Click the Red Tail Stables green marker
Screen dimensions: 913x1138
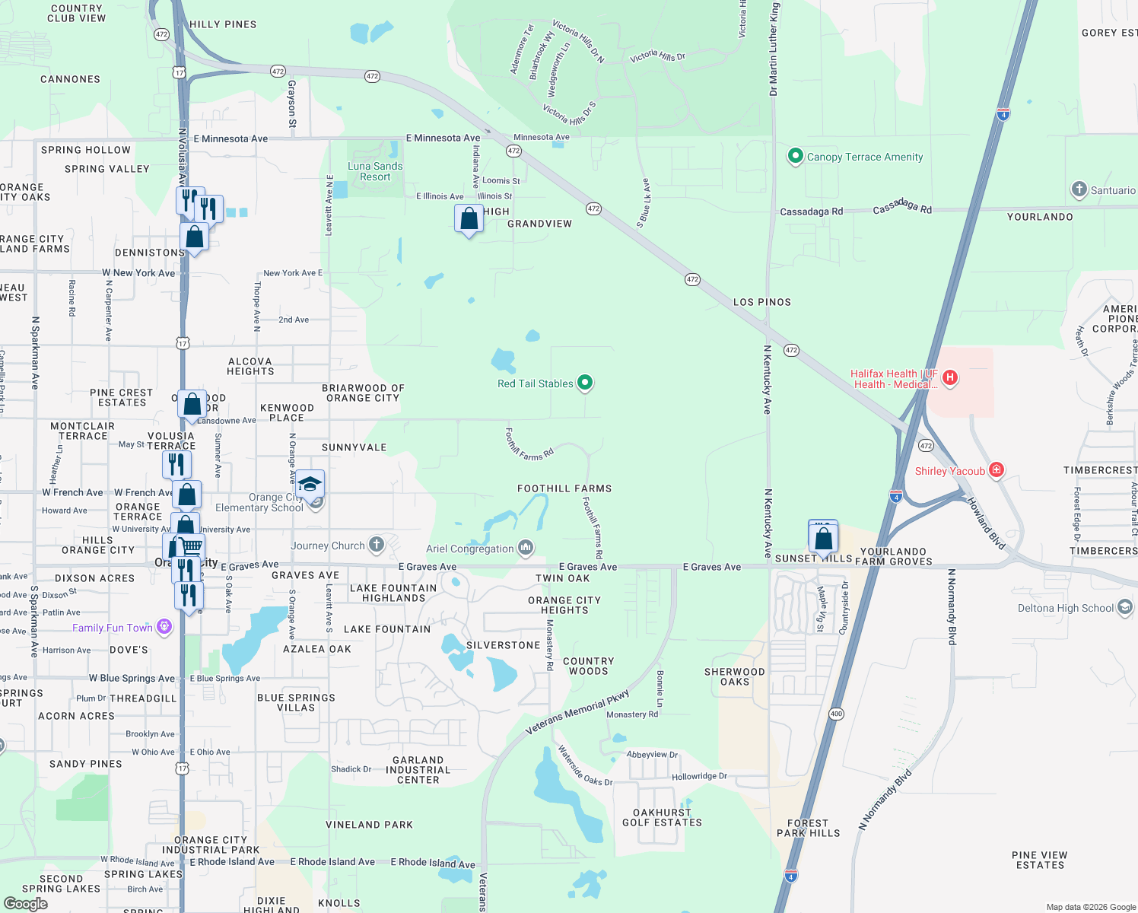(585, 383)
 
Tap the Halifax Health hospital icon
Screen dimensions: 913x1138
(949, 377)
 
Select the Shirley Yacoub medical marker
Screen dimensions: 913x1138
(996, 470)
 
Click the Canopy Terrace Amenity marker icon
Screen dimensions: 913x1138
(795, 156)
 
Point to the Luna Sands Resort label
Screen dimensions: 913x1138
(375, 171)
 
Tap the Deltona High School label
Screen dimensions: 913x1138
(1066, 608)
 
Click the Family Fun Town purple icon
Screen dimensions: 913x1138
(164, 627)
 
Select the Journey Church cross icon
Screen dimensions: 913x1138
(377, 544)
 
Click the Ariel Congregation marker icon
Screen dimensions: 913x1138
(526, 547)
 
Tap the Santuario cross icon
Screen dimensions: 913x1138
(1079, 189)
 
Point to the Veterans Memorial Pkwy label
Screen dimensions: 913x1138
(578, 713)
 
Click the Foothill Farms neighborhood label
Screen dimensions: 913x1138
(564, 488)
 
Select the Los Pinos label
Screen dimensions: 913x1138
(761, 302)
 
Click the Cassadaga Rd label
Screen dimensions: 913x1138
(812, 212)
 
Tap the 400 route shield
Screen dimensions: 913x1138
(837, 714)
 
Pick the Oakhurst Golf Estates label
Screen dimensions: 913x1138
(662, 818)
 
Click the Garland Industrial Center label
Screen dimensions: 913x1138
(418, 770)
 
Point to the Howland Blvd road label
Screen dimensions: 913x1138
(986, 523)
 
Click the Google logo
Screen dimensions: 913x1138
(25, 903)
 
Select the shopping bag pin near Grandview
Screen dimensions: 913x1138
(469, 219)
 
